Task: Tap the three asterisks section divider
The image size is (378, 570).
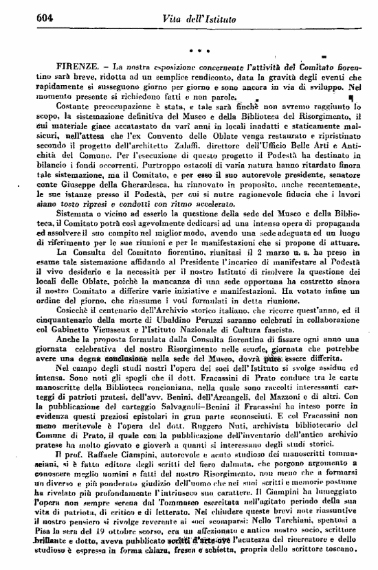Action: click(x=199, y=49)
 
